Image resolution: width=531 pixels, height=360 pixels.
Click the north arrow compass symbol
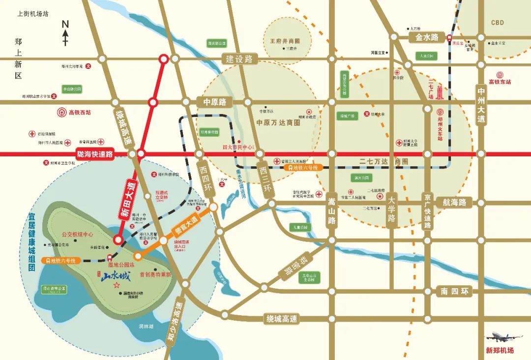coord(65,33)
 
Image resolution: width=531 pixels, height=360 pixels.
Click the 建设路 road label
coord(239,59)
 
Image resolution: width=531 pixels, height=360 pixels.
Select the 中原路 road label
coord(214,102)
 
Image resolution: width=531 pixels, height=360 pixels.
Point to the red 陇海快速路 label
coord(95,154)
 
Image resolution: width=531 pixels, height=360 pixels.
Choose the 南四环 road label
coord(455,292)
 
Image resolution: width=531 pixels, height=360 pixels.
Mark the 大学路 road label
coord(391,210)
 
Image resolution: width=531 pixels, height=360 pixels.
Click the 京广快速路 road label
coord(428,211)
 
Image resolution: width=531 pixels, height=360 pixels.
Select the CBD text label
coord(498,23)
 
